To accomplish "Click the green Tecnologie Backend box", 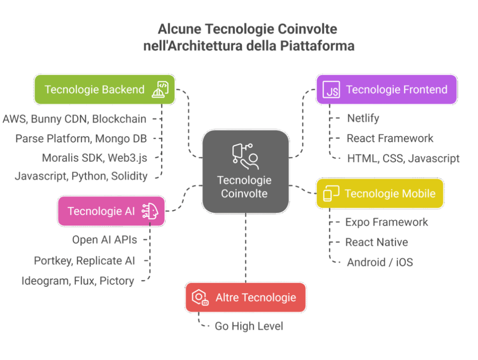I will (x=104, y=90).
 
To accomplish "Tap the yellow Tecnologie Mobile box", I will (x=380, y=194).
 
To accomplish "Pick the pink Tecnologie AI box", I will (x=111, y=211).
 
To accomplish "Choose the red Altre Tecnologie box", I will (x=246, y=297).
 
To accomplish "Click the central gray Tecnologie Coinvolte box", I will (x=246, y=171).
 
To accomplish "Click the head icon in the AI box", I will (x=150, y=211).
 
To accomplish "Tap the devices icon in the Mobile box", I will (x=330, y=194).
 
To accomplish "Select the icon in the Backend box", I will (x=160, y=90).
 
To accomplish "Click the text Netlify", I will (x=363, y=118).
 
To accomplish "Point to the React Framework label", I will (x=390, y=138).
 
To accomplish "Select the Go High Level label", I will (x=249, y=326).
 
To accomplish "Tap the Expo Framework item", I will (x=387, y=222).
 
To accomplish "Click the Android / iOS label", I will (x=380, y=263).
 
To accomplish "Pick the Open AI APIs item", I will (x=105, y=240).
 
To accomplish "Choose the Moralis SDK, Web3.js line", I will (x=94, y=158).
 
